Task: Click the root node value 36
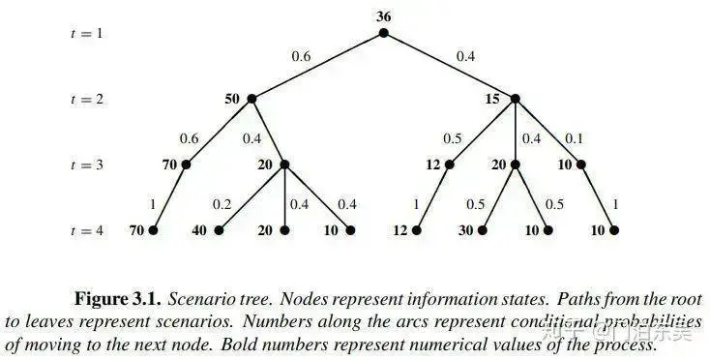click(383, 16)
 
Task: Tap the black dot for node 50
click(251, 99)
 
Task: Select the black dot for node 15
click(515, 99)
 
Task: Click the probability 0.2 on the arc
click(222, 203)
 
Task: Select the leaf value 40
click(200, 230)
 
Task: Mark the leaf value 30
click(465, 230)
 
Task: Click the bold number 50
click(232, 99)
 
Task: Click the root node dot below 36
click(383, 33)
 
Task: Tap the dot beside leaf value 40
click(219, 230)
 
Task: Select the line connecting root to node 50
click(317, 66)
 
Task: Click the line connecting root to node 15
click(449, 66)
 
